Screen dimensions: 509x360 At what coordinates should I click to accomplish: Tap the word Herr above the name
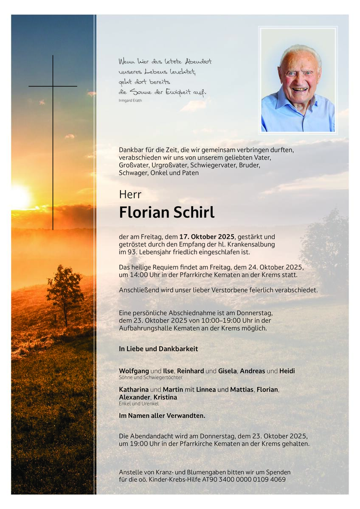130,194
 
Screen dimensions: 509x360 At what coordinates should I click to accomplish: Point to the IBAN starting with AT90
250,479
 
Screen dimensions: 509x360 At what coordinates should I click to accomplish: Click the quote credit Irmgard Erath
130,100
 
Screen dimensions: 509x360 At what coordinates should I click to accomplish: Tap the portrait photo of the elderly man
298,80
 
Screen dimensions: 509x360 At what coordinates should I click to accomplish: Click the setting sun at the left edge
19,197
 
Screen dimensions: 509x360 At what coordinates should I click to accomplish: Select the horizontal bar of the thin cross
53,86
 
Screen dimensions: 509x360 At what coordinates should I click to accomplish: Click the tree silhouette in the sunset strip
65,293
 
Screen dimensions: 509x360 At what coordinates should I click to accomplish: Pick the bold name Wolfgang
134,371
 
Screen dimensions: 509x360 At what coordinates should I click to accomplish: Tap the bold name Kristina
165,397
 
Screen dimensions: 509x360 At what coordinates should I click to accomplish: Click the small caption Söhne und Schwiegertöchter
151,377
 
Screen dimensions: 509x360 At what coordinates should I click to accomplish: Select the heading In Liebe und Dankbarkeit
158,349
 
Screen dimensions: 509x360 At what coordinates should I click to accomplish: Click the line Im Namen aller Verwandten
162,416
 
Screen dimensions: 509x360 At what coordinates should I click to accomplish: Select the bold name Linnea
205,389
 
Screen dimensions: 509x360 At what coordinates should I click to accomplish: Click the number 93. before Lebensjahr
131,252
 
